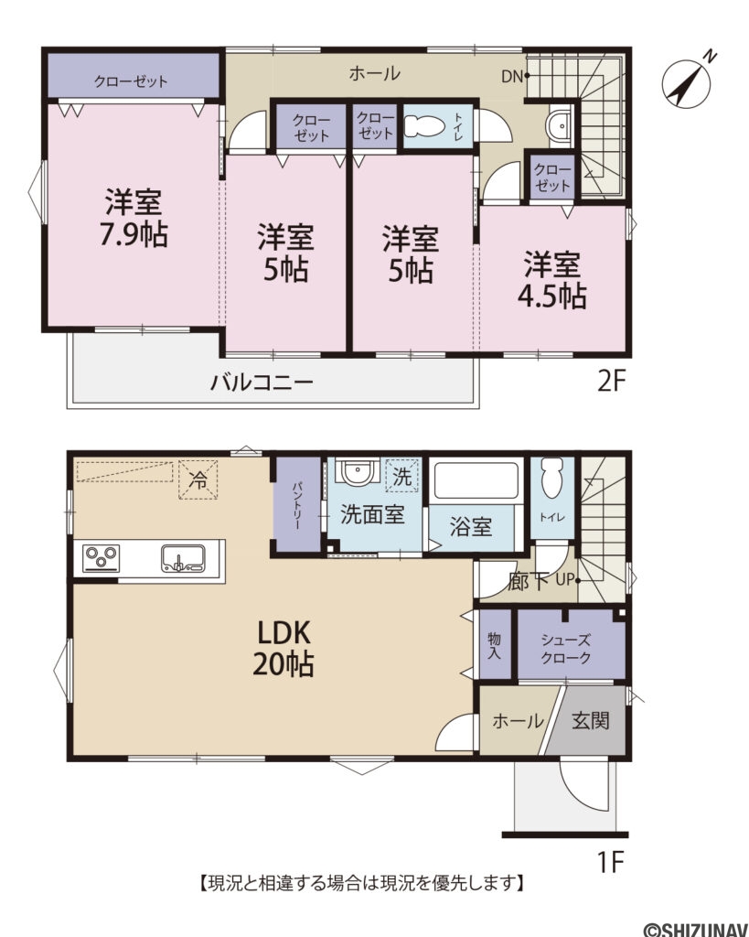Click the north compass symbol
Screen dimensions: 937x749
(x=685, y=81)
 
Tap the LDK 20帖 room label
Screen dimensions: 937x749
(x=284, y=647)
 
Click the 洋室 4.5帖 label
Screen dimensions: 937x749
(x=554, y=280)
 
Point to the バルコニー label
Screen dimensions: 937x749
(x=262, y=382)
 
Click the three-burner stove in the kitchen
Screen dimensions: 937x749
(x=102, y=557)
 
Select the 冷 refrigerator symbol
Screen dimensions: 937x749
(x=198, y=479)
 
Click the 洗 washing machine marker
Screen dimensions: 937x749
(x=401, y=476)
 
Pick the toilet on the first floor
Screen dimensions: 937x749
(x=551, y=478)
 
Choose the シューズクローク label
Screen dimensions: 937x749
(x=565, y=649)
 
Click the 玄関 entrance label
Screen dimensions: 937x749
(x=592, y=721)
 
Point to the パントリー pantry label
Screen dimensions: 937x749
(x=297, y=504)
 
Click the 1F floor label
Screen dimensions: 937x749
(x=610, y=861)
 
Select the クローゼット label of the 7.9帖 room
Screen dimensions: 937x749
(x=131, y=81)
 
